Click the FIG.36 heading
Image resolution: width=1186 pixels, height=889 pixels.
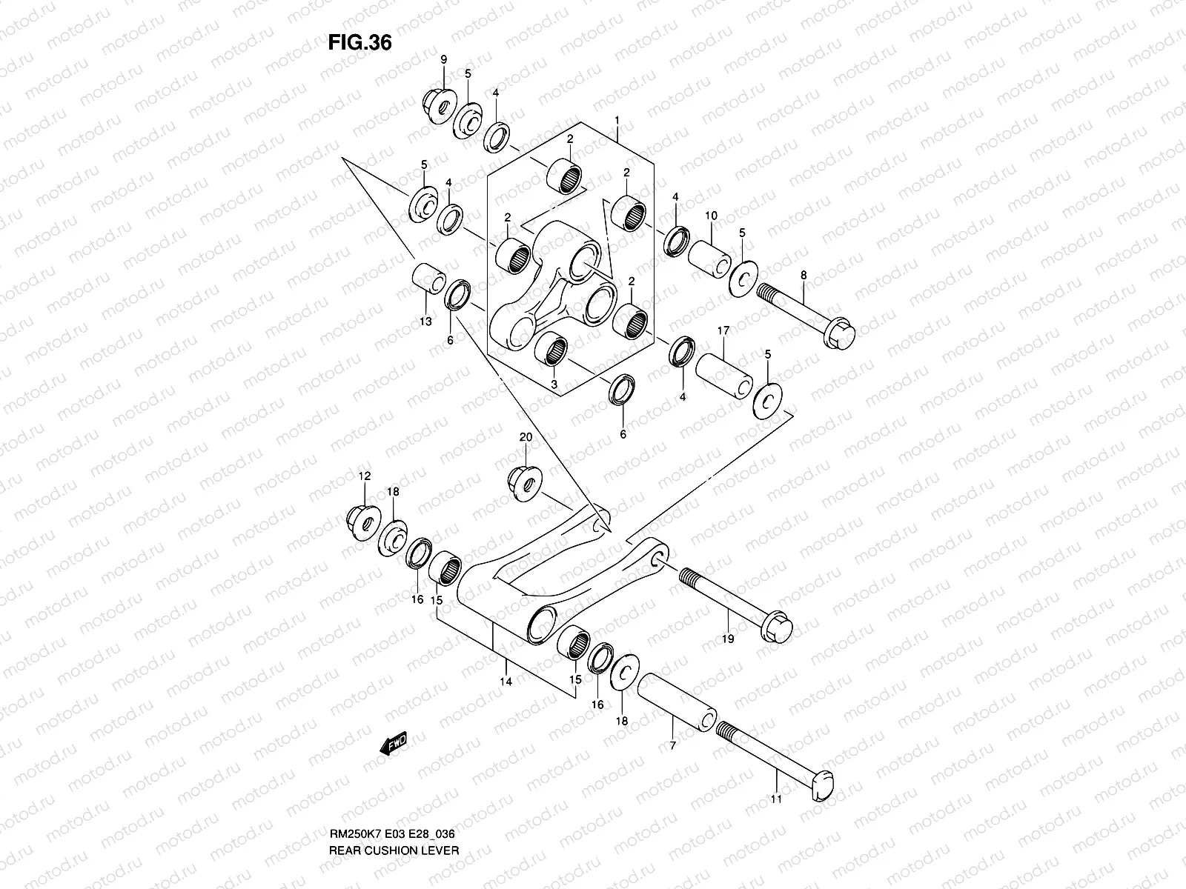point(360,43)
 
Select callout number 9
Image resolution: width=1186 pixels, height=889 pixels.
point(444,59)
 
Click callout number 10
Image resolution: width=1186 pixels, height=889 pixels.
point(711,216)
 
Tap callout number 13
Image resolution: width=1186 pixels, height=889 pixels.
point(425,322)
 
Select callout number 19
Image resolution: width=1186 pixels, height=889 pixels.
point(728,639)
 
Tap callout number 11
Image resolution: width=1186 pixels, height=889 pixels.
point(776,799)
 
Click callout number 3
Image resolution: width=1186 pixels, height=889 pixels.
point(554,384)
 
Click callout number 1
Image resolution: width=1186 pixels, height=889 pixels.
point(616,120)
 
